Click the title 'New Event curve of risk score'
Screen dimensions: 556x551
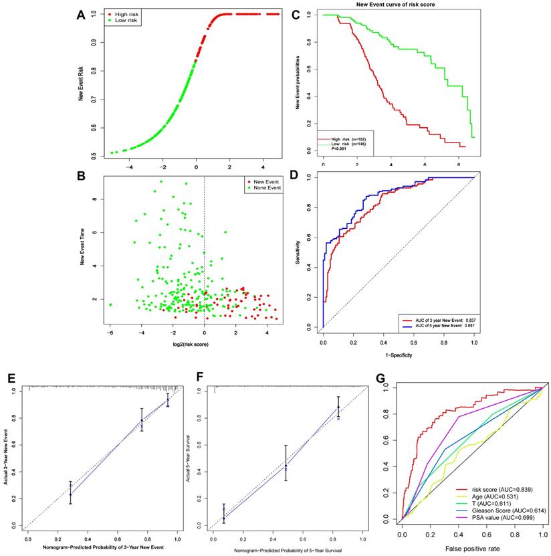pyautogui.click(x=397, y=5)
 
